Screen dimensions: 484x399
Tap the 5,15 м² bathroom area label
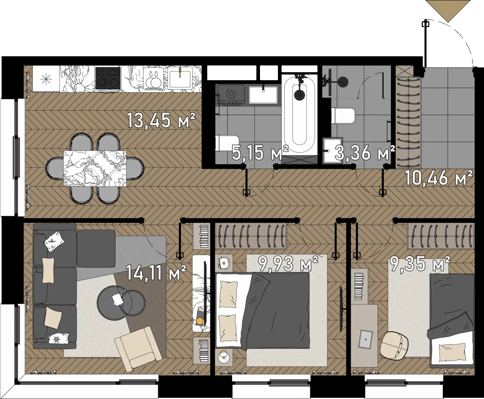(260, 153)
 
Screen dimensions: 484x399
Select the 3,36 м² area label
(365, 153)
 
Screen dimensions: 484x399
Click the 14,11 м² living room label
(156, 273)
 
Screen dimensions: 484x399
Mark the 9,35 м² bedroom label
(420, 263)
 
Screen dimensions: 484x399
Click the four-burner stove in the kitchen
(108, 78)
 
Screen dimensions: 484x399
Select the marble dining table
(95, 168)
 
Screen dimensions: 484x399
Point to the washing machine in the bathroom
(230, 95)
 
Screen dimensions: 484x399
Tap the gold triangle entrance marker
(448, 11)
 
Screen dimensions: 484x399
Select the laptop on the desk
(365, 339)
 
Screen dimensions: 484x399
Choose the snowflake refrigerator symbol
(46, 79)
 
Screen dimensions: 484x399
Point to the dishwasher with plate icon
(155, 78)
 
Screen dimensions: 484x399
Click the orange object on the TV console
(199, 322)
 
